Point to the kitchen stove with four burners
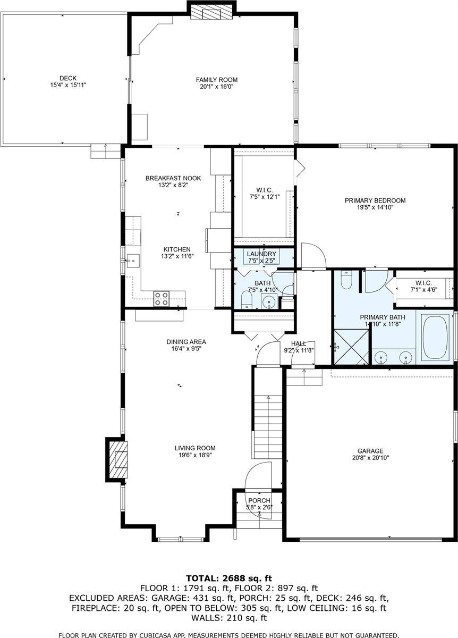162,299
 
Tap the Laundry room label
261,254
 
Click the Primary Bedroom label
375,200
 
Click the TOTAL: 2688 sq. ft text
229,578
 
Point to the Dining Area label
186,342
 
